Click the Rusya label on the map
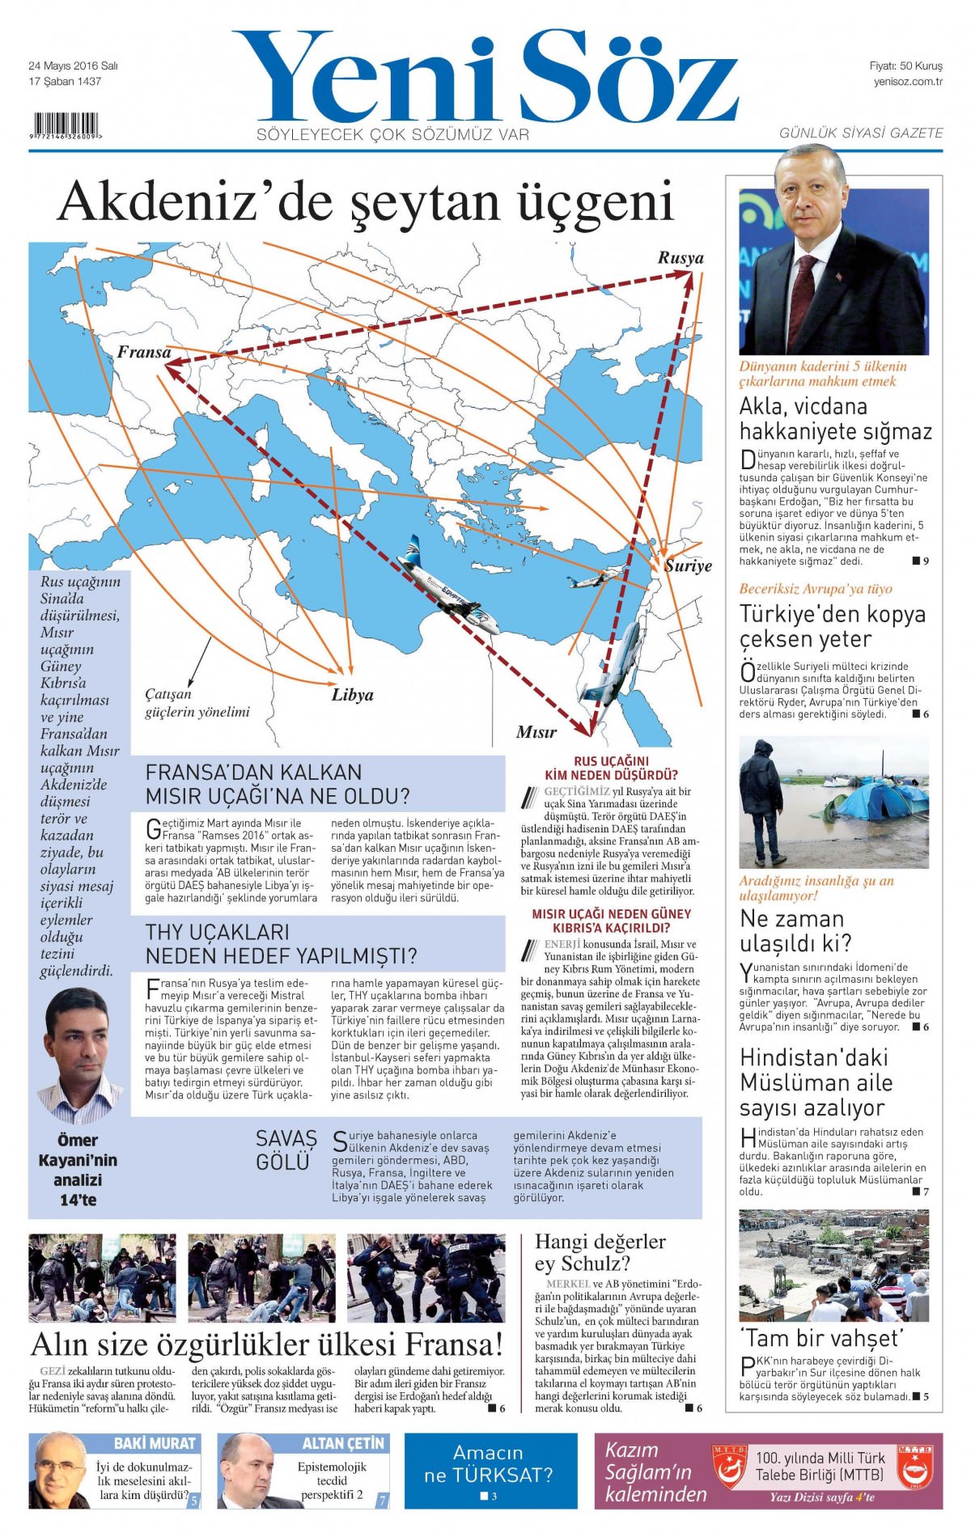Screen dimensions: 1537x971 pyautogui.click(x=680, y=258)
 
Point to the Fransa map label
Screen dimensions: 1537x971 pyautogui.click(x=144, y=352)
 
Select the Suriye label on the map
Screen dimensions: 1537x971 pyautogui.click(x=688, y=565)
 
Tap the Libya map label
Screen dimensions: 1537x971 pyautogui.click(x=353, y=695)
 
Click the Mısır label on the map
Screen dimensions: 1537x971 pyautogui.click(x=536, y=732)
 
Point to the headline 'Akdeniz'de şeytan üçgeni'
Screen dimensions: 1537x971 pyautogui.click(x=366, y=201)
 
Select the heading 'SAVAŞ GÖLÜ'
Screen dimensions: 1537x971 pyautogui.click(x=286, y=1150)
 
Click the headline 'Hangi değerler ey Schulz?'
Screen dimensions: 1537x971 pyautogui.click(x=600, y=1252)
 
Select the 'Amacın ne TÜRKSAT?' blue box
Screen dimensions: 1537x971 pyautogui.click(x=490, y=1470)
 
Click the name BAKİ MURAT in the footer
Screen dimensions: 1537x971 pyautogui.click(x=155, y=1443)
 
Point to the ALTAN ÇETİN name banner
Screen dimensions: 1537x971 pyautogui.click(x=343, y=1443)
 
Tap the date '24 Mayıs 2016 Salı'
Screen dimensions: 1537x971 pyautogui.click(x=73, y=66)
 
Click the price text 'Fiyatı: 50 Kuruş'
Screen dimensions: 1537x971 pyautogui.click(x=905, y=66)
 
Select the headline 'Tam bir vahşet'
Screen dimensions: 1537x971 pyautogui.click(x=820, y=1337)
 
